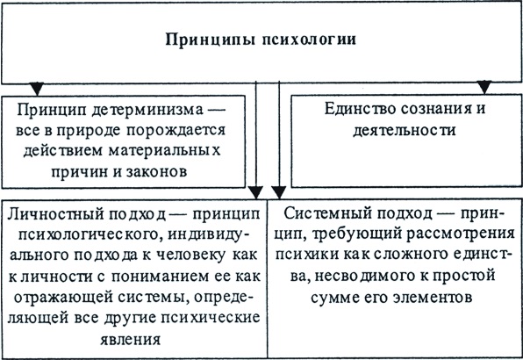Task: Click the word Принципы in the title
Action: click(211, 40)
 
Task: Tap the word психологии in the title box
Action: click(309, 39)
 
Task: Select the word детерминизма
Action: click(147, 110)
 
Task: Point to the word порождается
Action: click(176, 131)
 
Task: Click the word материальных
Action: click(164, 150)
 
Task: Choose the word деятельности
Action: click(405, 130)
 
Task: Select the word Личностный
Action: click(55, 214)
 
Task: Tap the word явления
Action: click(131, 339)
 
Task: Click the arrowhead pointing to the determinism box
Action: click(37, 89)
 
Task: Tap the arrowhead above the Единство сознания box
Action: click(484, 87)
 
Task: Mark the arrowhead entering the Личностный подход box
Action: click(256, 193)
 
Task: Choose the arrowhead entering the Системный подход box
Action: click(278, 193)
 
